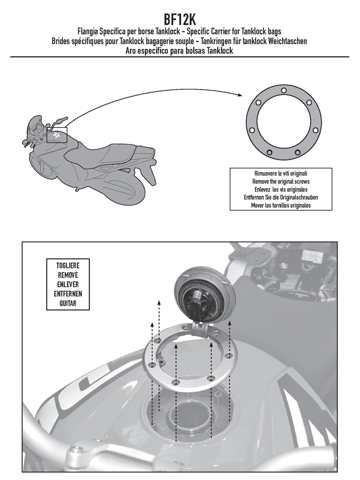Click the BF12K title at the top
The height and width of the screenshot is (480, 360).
tap(180, 20)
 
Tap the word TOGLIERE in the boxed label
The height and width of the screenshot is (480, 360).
tap(68, 266)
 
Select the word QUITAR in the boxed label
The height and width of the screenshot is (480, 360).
tap(68, 303)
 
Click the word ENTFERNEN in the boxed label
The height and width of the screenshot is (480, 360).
tap(68, 294)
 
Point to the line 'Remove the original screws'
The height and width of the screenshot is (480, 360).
tap(281, 181)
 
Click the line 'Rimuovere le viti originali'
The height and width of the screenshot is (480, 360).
tap(281, 174)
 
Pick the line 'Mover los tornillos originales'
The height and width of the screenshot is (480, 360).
tap(281, 205)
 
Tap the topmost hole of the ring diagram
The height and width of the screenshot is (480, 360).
tap(284, 90)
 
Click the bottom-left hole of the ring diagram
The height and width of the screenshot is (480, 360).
tap(270, 152)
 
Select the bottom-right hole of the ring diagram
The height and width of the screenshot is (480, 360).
tap(297, 152)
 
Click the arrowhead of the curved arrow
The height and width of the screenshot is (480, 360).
tap(240, 95)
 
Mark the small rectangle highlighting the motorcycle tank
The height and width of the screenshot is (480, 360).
tap(57, 135)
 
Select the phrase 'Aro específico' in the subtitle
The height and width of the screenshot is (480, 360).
tap(146, 51)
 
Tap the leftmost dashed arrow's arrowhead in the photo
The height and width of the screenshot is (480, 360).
tap(152, 324)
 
